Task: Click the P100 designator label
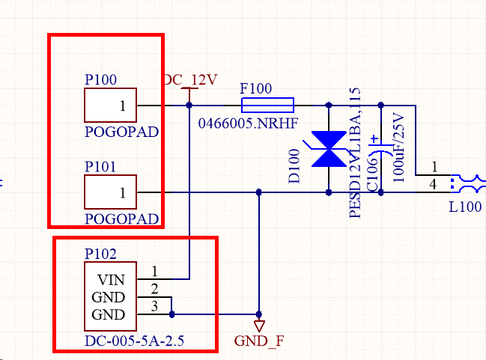[x=101, y=79]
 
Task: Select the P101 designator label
[x=101, y=167]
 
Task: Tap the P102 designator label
[x=101, y=254]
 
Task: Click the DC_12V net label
[x=190, y=79]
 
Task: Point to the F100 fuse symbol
[x=267, y=106]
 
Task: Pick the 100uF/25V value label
[x=398, y=147]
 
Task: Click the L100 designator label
[x=465, y=207]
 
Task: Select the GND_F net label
[x=259, y=341]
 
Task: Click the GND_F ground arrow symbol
[x=259, y=326]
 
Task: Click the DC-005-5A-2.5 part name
[x=134, y=341]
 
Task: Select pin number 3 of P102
[x=154, y=306]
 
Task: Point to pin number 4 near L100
[x=434, y=184]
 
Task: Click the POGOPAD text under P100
[x=123, y=132]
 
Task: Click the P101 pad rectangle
[x=111, y=192]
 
